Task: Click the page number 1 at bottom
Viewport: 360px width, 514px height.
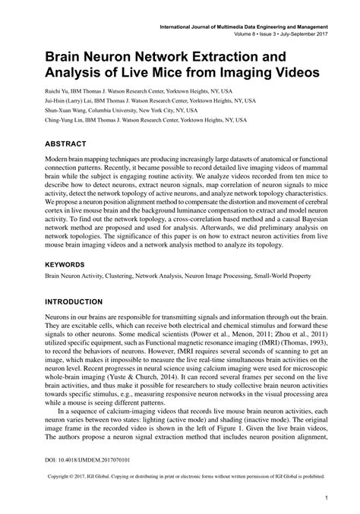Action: (326, 499)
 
